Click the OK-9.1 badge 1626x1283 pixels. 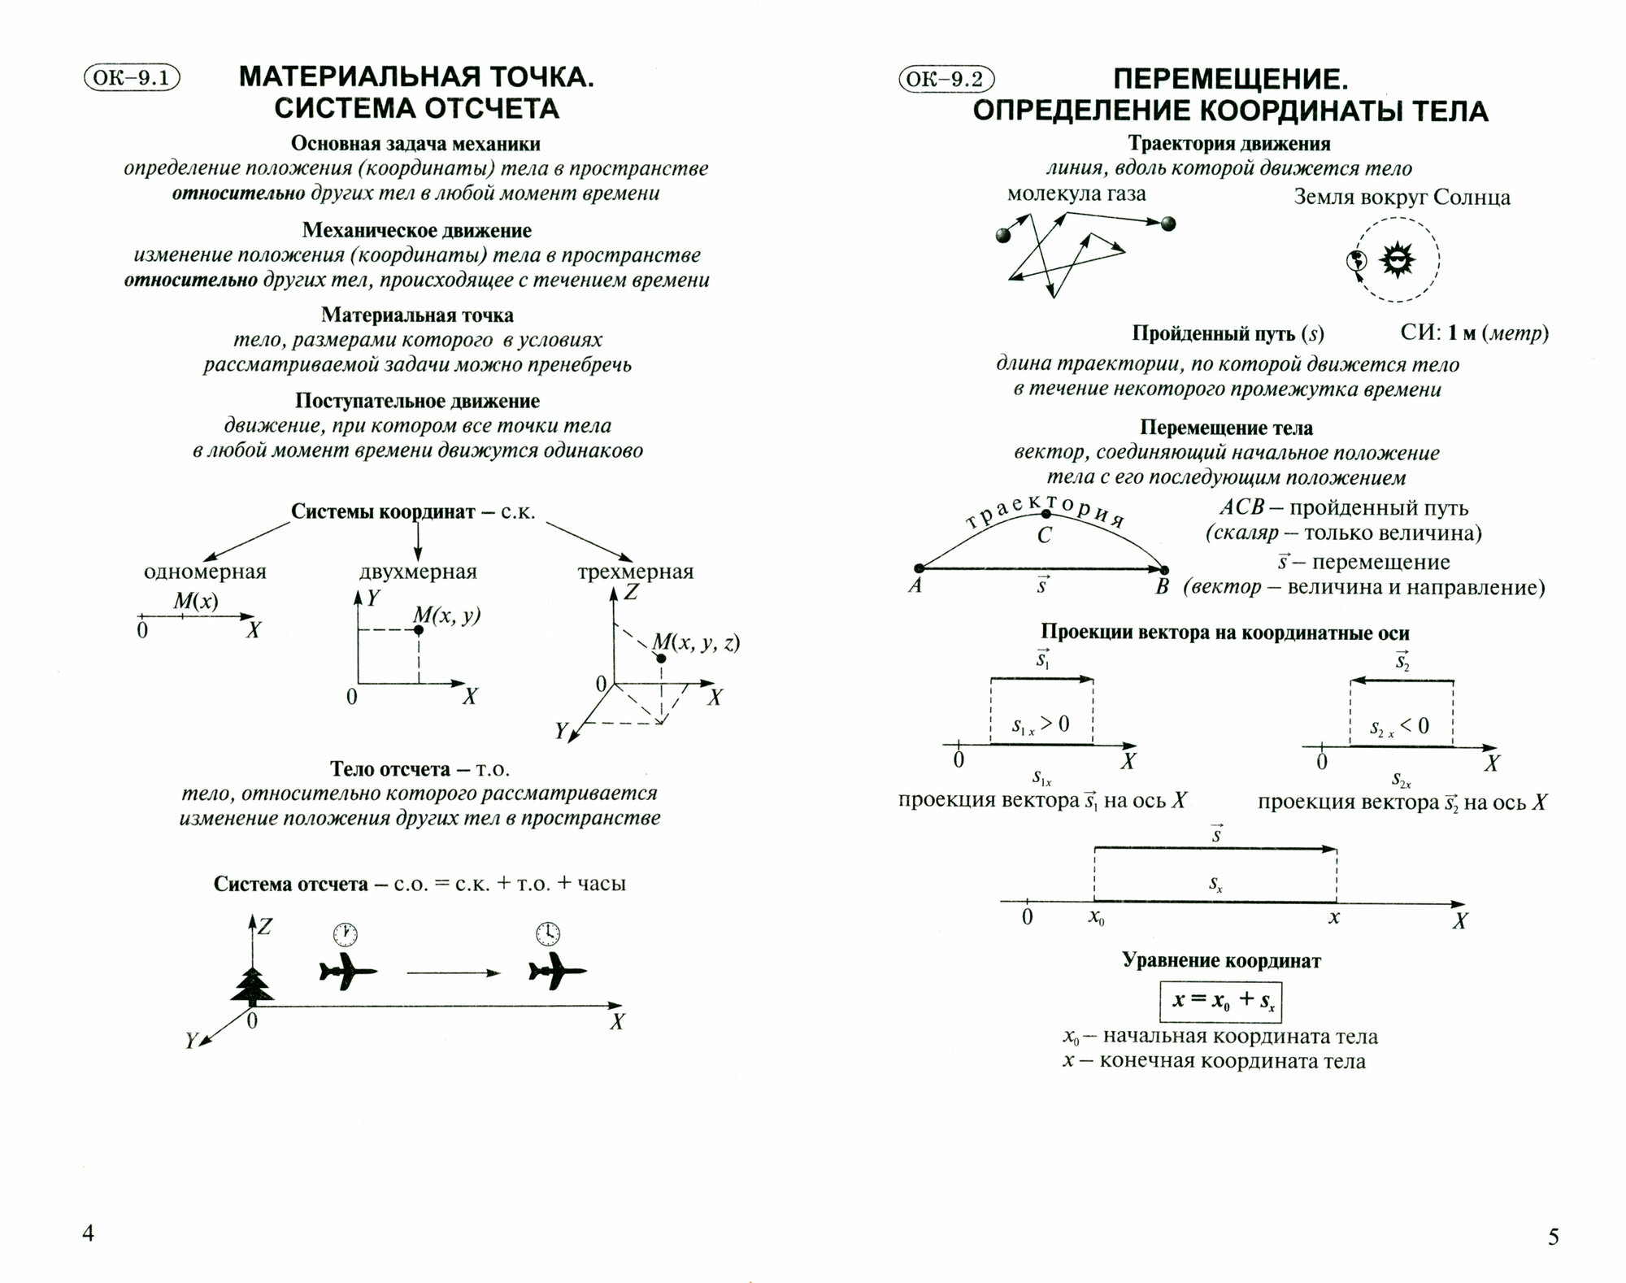tap(131, 78)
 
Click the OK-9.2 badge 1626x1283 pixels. tap(946, 79)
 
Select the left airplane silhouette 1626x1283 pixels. tap(347, 972)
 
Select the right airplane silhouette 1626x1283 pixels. tap(556, 972)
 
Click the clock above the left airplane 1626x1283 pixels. tap(345, 933)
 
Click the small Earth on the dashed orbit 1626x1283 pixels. tap(1355, 261)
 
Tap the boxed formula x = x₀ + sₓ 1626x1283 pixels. tap(1220, 1002)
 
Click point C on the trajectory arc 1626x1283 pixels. tap(1046, 514)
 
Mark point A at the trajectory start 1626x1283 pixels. tap(919, 568)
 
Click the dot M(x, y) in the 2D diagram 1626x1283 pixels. tap(419, 630)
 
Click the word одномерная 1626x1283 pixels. tap(205, 572)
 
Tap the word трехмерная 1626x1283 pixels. tap(636, 572)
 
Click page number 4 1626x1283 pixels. tap(89, 1233)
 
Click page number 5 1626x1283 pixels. tap(1554, 1237)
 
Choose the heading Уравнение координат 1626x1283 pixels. tap(1221, 960)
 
